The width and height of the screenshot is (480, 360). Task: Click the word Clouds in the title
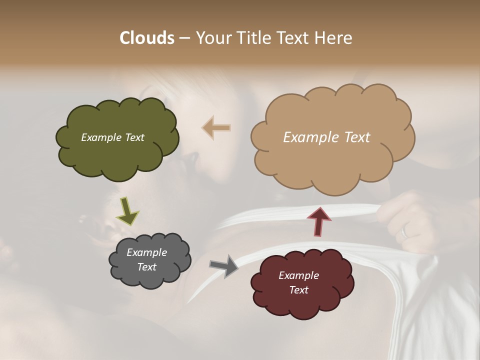[147, 38]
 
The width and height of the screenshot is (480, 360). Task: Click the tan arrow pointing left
[216, 128]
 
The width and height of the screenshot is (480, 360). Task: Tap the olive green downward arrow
[127, 211]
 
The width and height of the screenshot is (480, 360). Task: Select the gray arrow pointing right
[224, 266]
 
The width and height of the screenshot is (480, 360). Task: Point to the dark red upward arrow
[318, 221]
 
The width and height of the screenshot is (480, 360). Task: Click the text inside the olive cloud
[112, 137]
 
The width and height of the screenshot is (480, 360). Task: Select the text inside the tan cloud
[326, 137]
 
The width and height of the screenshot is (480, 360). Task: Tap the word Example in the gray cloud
[146, 252]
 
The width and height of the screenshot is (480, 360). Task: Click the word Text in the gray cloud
[146, 267]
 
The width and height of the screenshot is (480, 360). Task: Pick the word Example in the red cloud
[298, 275]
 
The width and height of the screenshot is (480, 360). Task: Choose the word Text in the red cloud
[298, 290]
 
